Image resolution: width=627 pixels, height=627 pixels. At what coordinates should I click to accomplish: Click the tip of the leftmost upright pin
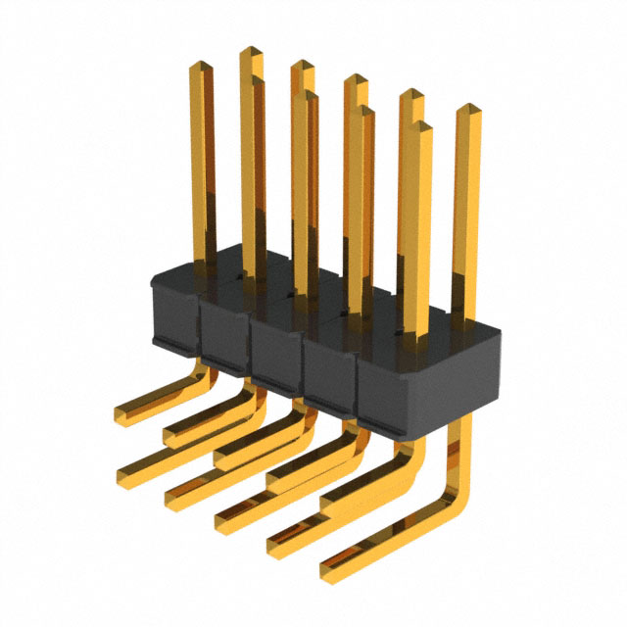(x=201, y=67)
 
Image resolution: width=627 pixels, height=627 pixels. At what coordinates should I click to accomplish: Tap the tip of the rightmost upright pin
(x=467, y=108)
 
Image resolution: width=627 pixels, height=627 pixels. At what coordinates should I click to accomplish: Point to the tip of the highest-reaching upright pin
(x=251, y=51)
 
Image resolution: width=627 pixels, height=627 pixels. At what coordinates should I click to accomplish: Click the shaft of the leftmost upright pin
(x=202, y=167)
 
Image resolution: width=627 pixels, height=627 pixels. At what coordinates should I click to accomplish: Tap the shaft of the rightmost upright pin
(x=466, y=216)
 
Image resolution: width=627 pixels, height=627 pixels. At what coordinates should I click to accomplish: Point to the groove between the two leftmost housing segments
(x=200, y=323)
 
